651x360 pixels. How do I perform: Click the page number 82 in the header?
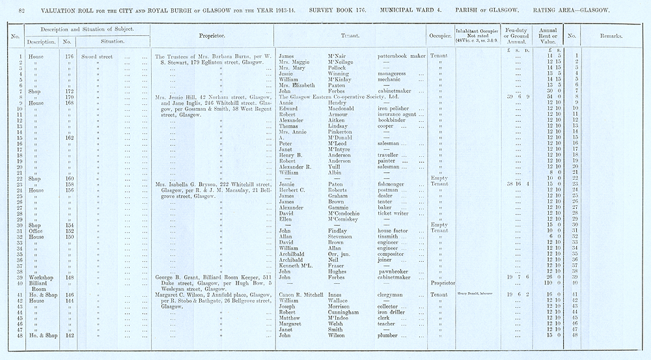[21, 10]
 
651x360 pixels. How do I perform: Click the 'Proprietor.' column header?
[212, 35]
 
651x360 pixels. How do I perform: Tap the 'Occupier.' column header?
[439, 35]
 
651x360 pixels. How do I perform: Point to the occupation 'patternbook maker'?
[402, 56]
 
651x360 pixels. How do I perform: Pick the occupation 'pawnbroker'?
[395, 272]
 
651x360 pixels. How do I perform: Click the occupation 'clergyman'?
[394, 294]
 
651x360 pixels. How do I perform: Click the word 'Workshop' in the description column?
[41, 277]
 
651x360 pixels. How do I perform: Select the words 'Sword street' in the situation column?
[97, 56]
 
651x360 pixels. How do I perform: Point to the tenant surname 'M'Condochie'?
[348, 213]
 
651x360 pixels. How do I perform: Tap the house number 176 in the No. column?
[67, 56]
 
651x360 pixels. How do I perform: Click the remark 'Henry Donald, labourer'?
[478, 294]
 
